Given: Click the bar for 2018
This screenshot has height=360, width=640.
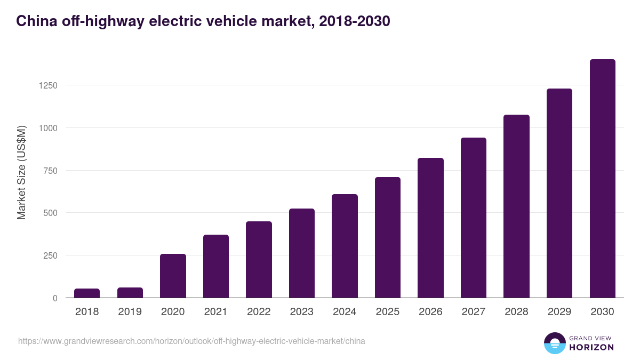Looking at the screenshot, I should pos(87,293).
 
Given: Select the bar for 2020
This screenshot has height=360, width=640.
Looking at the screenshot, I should pos(173,276).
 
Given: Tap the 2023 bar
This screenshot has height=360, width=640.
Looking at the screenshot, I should pos(302,253).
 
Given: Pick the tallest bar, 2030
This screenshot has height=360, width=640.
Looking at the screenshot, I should pos(602,179).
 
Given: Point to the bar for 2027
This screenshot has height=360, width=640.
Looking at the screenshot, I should pos(474,218).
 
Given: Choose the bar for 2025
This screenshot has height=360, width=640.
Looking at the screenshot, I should pos(388,237).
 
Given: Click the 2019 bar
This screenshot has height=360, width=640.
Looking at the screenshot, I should pos(130,293).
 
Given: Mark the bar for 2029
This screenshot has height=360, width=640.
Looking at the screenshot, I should pos(559,193).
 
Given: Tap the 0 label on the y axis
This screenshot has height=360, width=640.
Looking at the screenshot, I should pos(55,298).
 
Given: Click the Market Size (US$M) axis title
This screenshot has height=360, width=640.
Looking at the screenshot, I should pos(21,172).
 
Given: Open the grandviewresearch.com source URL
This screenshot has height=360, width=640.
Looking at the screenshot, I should pos(191,341).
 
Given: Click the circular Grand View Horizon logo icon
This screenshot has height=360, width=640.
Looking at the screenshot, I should pos(555,343).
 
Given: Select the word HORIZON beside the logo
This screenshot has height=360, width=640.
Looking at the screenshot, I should pos(591,347).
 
